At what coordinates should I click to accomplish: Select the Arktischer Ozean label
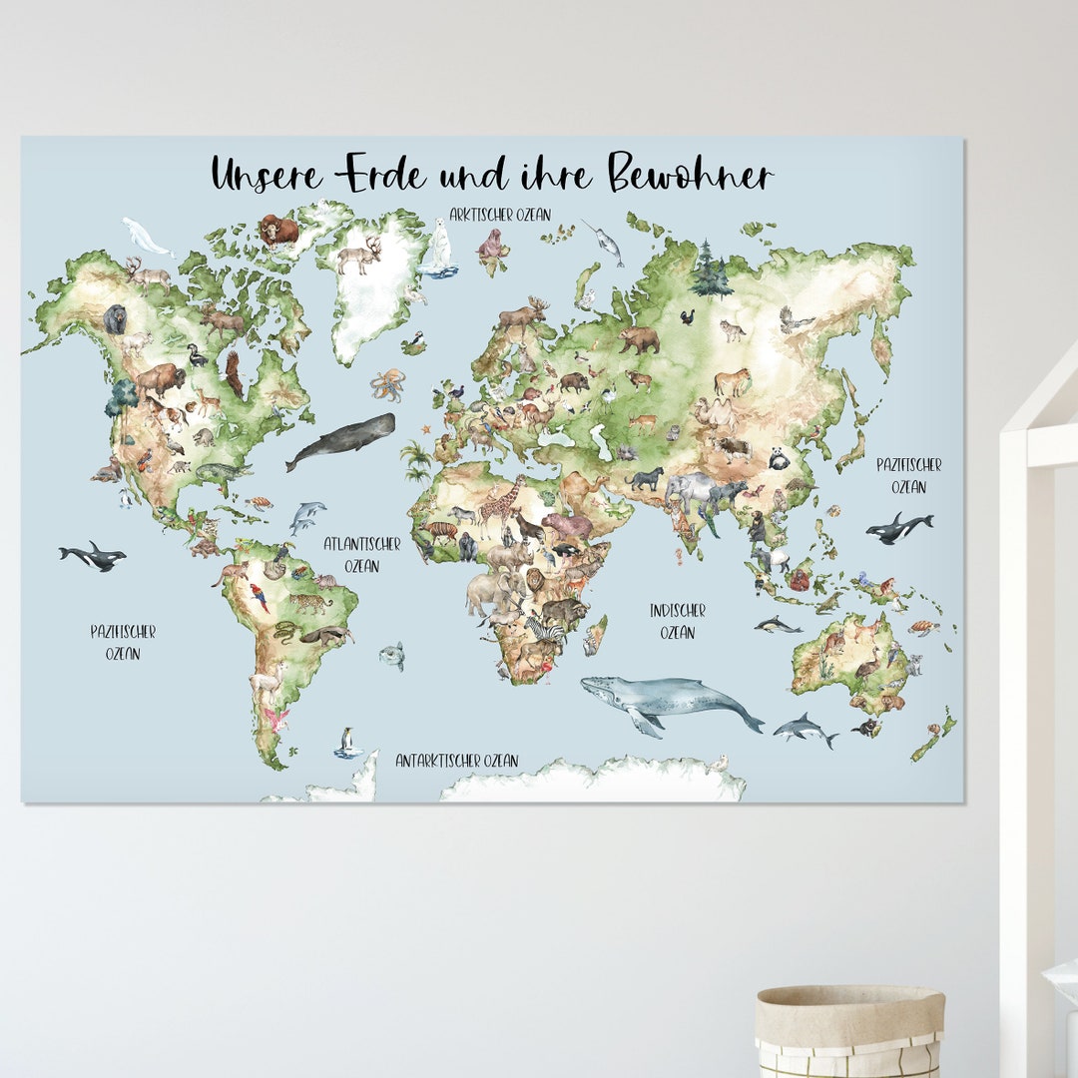(499, 215)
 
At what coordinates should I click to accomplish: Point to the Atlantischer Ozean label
(361, 555)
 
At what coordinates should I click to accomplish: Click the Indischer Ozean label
(677, 620)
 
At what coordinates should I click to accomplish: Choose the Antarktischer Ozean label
(456, 761)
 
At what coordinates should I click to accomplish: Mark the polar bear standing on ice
(439, 248)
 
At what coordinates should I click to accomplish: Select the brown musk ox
(278, 230)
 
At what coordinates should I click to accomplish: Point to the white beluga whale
(146, 237)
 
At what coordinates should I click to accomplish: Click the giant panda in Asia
(779, 458)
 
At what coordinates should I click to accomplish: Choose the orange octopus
(387, 384)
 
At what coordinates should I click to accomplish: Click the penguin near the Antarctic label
(347, 742)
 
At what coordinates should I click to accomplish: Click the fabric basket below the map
(849, 1028)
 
